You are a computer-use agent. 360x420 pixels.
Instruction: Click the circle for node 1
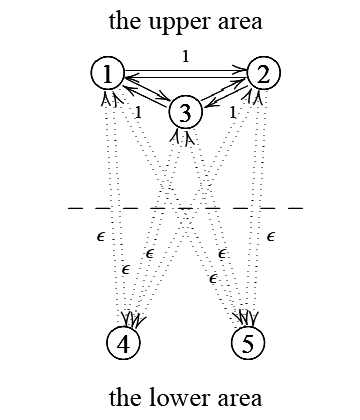click(108, 73)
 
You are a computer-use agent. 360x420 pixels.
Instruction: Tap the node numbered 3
click(186, 111)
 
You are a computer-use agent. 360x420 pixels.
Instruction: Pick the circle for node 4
click(122, 343)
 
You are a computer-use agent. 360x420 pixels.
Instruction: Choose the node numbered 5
click(248, 343)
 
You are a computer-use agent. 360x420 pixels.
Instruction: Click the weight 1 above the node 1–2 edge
click(185, 57)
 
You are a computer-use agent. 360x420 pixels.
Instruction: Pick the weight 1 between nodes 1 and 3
click(137, 112)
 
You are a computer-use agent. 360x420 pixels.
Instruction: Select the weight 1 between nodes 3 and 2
click(233, 112)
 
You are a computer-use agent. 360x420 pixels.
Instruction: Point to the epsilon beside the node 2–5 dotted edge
click(272, 237)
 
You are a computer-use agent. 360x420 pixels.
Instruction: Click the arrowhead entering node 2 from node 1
click(243, 70)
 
